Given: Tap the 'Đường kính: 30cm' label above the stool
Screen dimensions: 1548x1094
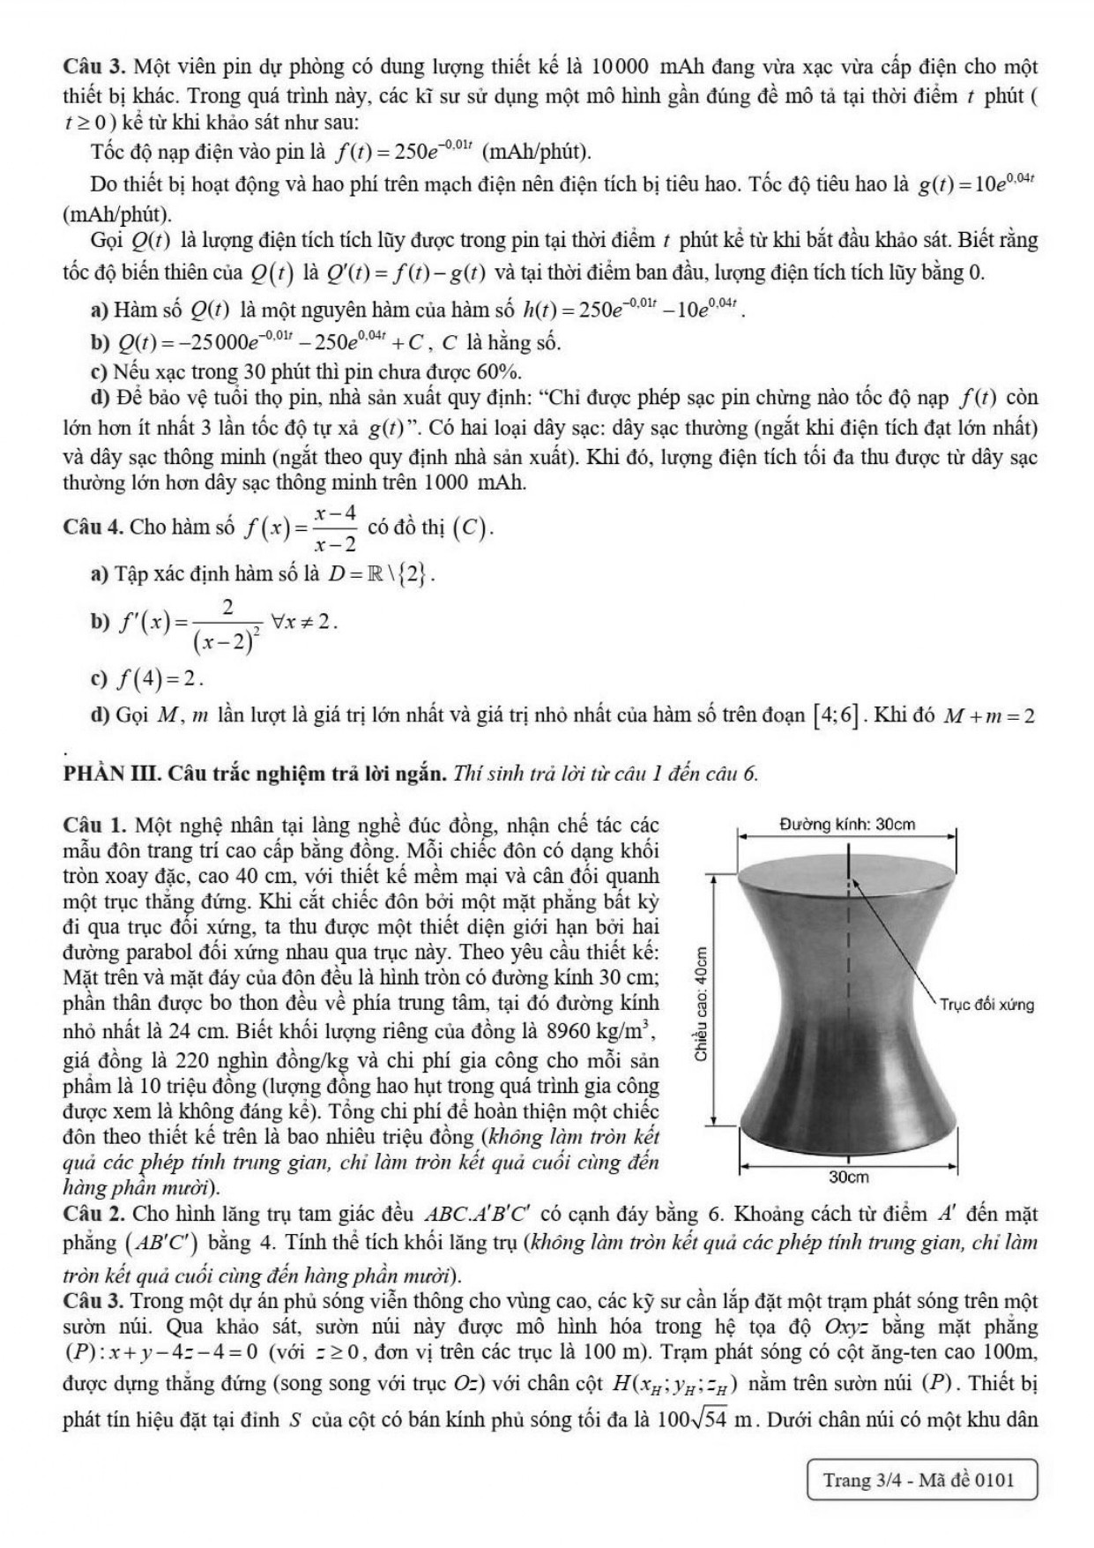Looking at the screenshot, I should tap(847, 825).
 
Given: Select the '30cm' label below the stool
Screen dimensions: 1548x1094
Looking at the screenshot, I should tap(849, 1178).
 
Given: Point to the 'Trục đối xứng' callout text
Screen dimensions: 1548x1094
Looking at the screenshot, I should tap(986, 1005).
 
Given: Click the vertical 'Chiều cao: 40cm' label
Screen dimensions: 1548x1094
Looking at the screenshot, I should tap(701, 1002).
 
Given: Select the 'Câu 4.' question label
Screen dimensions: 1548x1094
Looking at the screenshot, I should tap(93, 527).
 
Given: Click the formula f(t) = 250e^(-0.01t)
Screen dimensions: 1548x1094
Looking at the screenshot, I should tap(406, 152).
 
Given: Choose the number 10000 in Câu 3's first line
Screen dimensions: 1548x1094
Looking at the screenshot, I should tap(621, 66).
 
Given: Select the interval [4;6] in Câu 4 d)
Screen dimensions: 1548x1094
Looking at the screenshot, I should tap(836, 714).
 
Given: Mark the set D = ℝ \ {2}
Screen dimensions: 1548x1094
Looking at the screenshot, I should tap(382, 574).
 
